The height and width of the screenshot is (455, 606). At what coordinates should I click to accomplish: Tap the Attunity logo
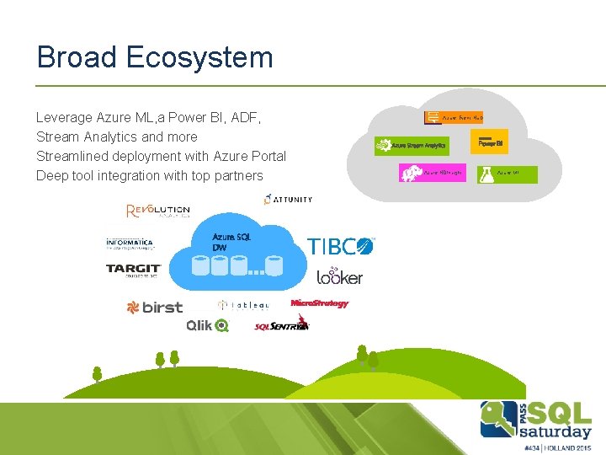coord(288,200)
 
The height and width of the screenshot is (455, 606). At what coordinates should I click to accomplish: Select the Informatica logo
coord(130,244)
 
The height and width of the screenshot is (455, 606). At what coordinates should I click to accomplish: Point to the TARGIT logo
coord(133,270)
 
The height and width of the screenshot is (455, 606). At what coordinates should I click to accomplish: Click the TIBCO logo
coord(340,246)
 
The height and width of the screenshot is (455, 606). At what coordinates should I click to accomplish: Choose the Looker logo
coord(339,276)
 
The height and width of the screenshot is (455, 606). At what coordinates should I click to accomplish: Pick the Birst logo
coord(154,308)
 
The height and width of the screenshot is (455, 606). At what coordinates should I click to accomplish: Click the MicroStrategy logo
coord(319,303)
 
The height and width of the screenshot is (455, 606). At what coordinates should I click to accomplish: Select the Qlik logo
coord(207,325)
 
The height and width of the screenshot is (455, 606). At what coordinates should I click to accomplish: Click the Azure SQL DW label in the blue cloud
coord(231,242)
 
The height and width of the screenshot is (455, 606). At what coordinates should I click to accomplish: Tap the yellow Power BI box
coord(490,142)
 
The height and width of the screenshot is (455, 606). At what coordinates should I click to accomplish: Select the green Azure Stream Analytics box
coord(412,146)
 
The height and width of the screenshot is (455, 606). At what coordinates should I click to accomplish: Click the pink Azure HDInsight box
coord(430,173)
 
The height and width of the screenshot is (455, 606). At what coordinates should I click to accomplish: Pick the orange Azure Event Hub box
coord(453,117)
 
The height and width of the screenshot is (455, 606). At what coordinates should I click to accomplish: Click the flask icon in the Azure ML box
coord(485,174)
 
